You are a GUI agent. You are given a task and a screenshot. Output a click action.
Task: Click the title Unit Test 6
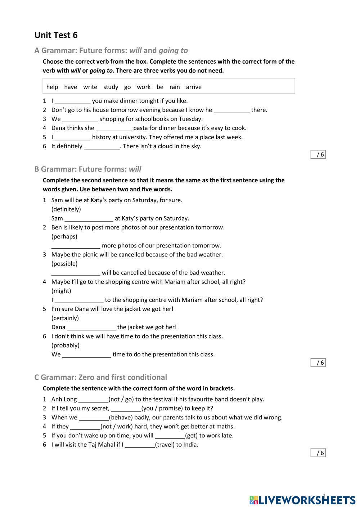(x=56, y=35)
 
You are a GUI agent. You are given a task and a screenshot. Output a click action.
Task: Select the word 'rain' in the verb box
(x=175, y=87)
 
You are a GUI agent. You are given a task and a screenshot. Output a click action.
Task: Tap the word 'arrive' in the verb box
(x=194, y=87)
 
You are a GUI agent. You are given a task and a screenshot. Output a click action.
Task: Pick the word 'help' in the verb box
(x=52, y=87)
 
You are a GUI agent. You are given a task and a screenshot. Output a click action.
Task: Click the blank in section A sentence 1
(x=72, y=101)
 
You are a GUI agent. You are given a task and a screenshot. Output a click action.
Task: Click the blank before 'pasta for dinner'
(x=113, y=128)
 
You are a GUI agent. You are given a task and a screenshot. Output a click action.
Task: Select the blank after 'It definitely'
(x=102, y=146)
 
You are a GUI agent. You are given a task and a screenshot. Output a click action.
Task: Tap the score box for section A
(x=318, y=155)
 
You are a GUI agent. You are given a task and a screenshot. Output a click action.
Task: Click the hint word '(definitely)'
(x=66, y=209)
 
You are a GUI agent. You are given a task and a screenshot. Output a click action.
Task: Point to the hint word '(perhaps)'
(x=64, y=237)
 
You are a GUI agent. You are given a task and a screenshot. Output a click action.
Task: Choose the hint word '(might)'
(x=61, y=291)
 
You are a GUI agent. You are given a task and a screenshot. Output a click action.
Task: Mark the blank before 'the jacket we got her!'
(x=91, y=327)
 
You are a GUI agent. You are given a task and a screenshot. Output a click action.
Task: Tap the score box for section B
(x=318, y=363)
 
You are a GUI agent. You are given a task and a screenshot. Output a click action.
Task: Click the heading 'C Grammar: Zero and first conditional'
(x=101, y=377)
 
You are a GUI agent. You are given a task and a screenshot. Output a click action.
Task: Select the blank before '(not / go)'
(x=93, y=400)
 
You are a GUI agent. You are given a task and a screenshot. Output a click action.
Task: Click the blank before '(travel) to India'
(x=140, y=445)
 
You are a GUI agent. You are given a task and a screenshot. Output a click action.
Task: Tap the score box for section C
(x=318, y=453)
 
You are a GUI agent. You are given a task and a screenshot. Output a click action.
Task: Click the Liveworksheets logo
(x=302, y=500)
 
